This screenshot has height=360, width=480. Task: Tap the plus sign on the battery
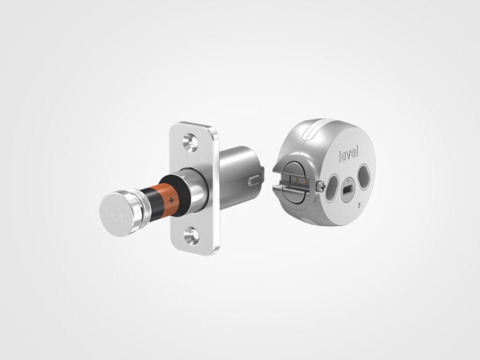(x=171, y=200)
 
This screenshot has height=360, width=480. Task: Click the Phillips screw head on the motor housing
(x=320, y=186)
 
